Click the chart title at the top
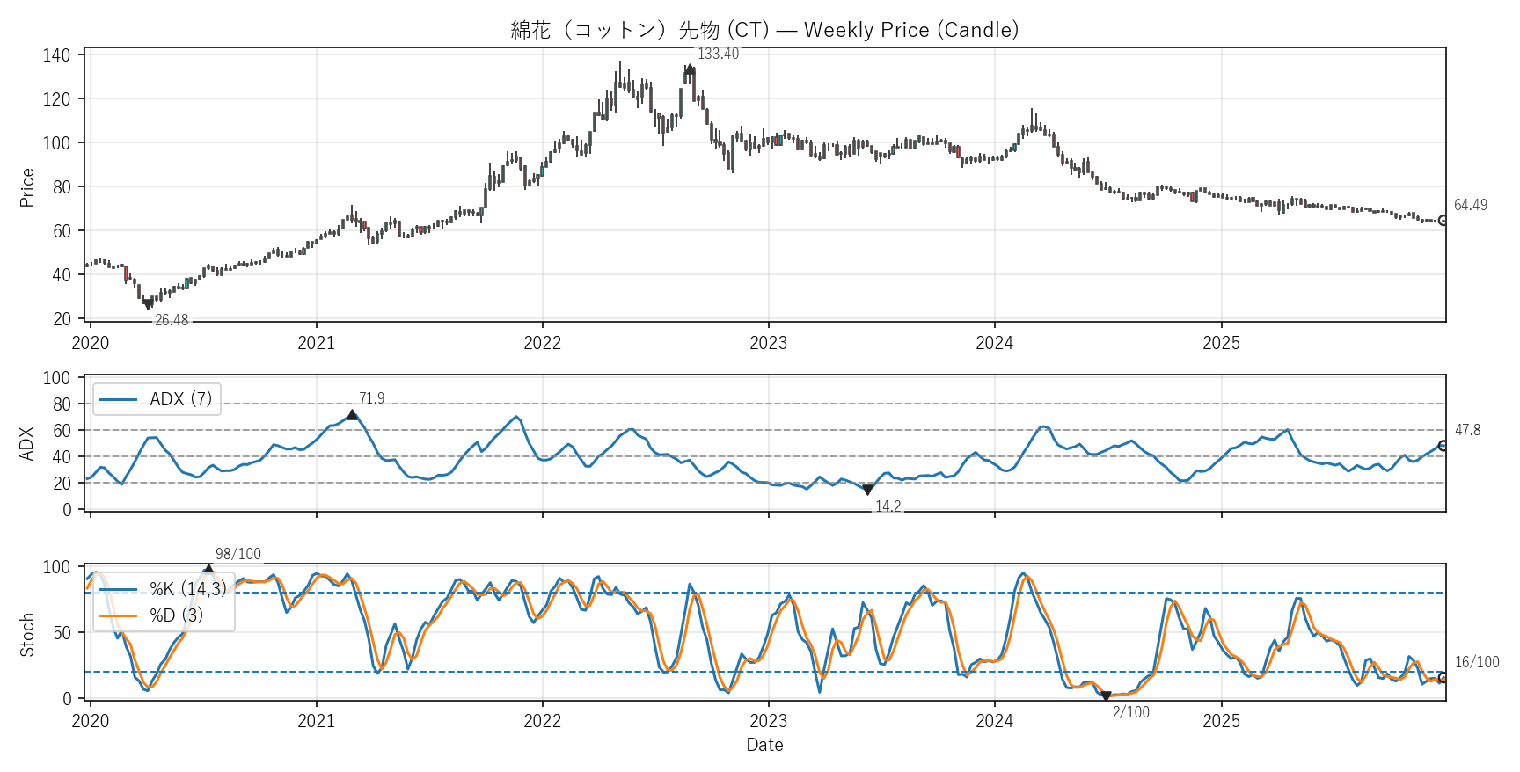[x=764, y=30]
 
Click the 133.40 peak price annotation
[x=718, y=54]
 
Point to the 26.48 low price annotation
[x=172, y=320]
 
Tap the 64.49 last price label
[x=1470, y=205]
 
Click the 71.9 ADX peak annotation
[x=371, y=398]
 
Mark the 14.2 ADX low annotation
[x=888, y=506]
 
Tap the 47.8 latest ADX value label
[x=1467, y=430]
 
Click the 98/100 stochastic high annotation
[x=238, y=554]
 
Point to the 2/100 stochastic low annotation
[x=1130, y=712]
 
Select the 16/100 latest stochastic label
[x=1477, y=662]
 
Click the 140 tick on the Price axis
[x=56, y=55]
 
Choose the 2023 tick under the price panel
[x=768, y=343]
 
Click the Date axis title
[x=764, y=745]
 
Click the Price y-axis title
[x=27, y=187]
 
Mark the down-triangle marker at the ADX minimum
[x=867, y=490]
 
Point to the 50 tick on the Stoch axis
[x=62, y=633]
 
